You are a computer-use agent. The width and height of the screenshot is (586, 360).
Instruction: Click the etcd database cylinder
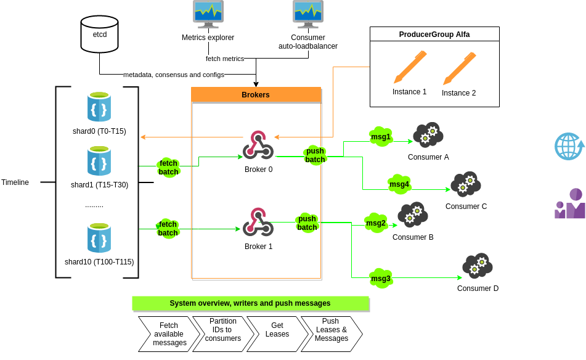[x=99, y=34]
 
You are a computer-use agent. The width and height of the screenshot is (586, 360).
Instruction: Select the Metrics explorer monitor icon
[x=208, y=14]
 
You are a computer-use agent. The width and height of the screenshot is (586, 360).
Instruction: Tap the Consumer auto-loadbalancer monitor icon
[x=307, y=14]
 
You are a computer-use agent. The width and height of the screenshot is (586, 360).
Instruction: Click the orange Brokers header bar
[x=256, y=95]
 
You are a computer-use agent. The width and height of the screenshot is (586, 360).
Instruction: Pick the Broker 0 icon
[x=258, y=145]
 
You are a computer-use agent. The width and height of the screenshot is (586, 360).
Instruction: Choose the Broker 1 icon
[x=258, y=222]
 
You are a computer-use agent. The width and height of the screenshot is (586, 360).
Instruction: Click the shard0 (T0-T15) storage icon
[x=99, y=107]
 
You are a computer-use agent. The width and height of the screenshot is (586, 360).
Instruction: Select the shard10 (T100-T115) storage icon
[x=99, y=238]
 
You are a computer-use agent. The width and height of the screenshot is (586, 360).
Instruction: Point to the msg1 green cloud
[x=381, y=136]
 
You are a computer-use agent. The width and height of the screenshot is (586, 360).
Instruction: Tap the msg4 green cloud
[x=399, y=184]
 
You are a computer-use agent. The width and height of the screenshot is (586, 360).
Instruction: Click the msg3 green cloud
[x=381, y=278]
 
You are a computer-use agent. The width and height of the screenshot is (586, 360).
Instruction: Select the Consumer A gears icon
[x=428, y=134]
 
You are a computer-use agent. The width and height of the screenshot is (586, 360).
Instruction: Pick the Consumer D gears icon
[x=478, y=266]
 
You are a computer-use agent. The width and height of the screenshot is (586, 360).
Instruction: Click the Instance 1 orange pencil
[x=410, y=67]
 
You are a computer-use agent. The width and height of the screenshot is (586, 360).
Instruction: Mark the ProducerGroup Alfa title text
[x=434, y=35]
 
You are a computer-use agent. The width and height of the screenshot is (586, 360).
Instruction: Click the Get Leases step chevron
[x=277, y=333]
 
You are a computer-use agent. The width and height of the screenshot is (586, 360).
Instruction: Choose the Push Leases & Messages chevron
[x=332, y=333]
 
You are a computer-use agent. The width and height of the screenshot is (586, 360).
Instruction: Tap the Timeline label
[x=15, y=182]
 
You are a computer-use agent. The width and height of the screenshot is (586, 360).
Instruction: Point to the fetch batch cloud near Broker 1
[x=168, y=229]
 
